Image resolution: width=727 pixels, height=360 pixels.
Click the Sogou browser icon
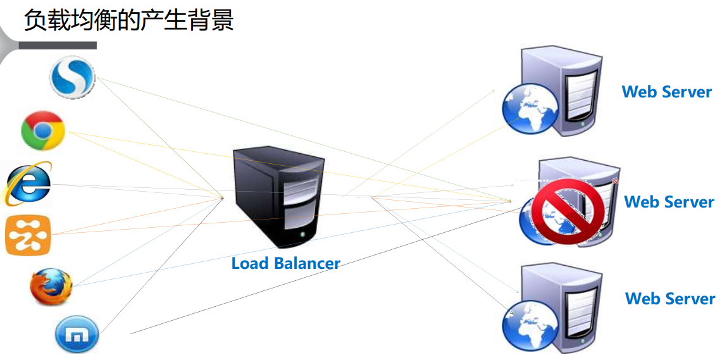tap(72, 77)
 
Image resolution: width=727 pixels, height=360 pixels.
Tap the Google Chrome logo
tap(43, 130)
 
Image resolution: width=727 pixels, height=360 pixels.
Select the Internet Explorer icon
tap(28, 184)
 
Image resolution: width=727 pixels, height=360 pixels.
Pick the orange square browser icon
tap(28, 235)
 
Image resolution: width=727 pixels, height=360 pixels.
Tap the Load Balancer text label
tap(285, 263)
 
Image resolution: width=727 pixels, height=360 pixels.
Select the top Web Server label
tap(667, 92)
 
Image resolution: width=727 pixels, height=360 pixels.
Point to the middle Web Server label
tap(669, 202)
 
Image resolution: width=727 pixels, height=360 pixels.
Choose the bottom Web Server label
tap(670, 299)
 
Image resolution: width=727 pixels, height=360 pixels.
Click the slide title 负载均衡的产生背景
tap(129, 20)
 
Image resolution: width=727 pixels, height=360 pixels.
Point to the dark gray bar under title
tap(58, 46)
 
